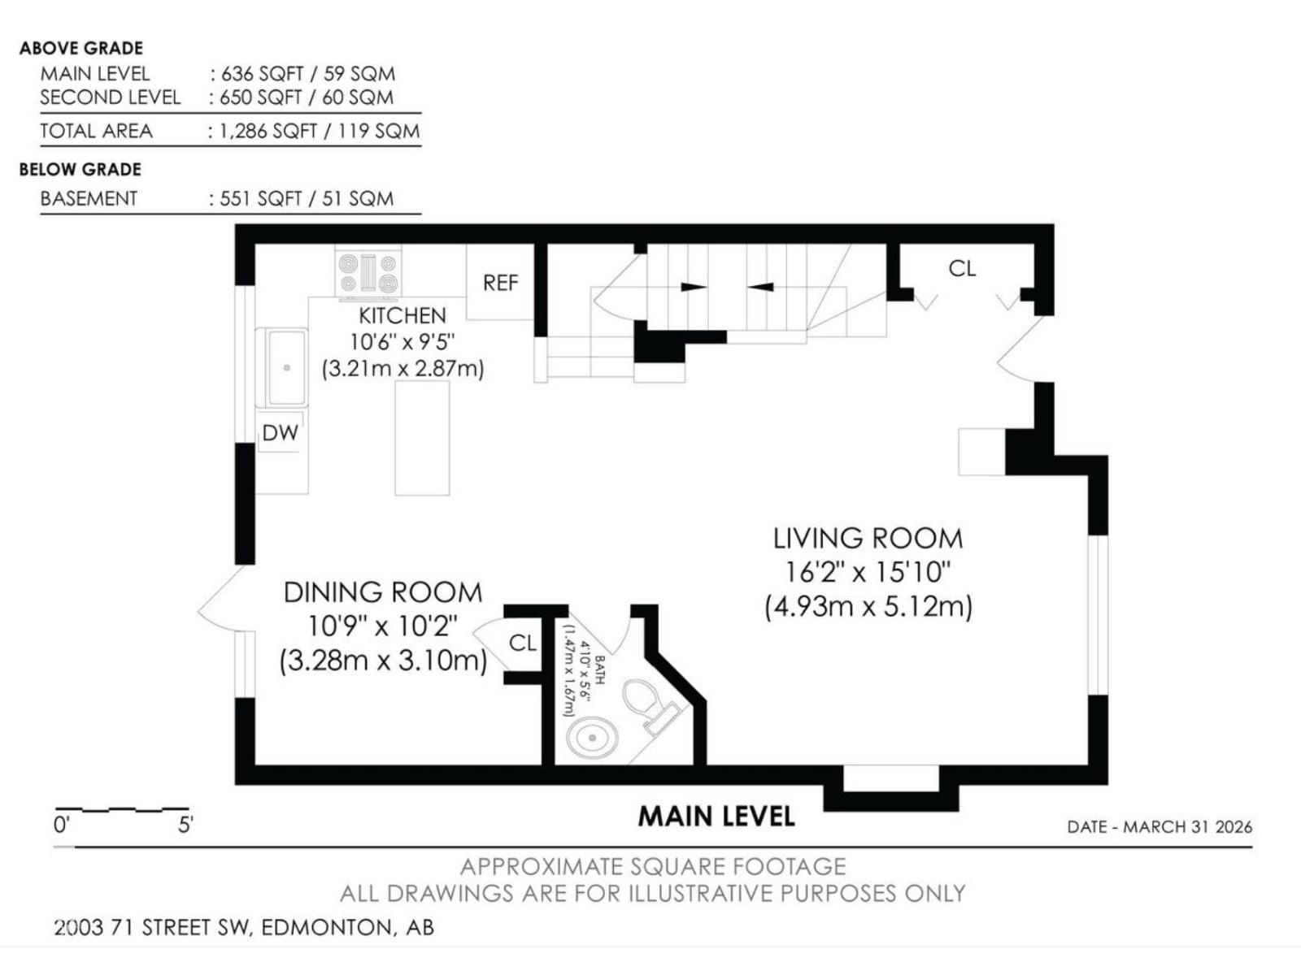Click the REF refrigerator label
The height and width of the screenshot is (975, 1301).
point(500,283)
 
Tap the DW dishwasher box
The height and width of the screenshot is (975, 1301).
point(280,433)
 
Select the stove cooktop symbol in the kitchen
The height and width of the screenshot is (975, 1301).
point(368,273)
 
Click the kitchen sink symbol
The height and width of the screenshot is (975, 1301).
point(285,367)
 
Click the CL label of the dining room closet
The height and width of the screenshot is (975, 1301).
point(522,643)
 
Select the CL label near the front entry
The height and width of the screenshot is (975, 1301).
point(962,269)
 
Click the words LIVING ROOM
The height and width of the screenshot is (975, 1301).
point(868,539)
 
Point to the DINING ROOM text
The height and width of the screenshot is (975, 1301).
point(382,592)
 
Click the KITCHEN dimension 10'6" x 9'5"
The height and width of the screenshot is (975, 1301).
point(402,342)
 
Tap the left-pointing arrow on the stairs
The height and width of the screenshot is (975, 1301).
point(760,286)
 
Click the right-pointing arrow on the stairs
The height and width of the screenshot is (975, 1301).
point(694,286)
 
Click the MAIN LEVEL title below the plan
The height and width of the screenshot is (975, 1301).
point(716,816)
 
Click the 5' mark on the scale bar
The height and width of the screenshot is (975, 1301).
point(185,825)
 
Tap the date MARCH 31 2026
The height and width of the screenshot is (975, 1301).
point(1188,827)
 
